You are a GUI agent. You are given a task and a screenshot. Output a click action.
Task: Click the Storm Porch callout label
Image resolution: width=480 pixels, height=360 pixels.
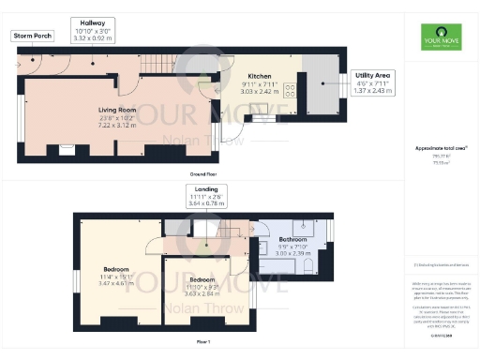(x=31, y=35)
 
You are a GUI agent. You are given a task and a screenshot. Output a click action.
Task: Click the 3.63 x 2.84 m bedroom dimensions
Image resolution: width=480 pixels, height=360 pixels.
(x=201, y=292)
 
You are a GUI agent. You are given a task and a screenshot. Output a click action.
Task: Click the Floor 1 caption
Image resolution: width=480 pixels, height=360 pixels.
(x=202, y=342)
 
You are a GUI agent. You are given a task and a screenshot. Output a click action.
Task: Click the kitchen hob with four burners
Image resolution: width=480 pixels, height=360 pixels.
(x=290, y=90)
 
